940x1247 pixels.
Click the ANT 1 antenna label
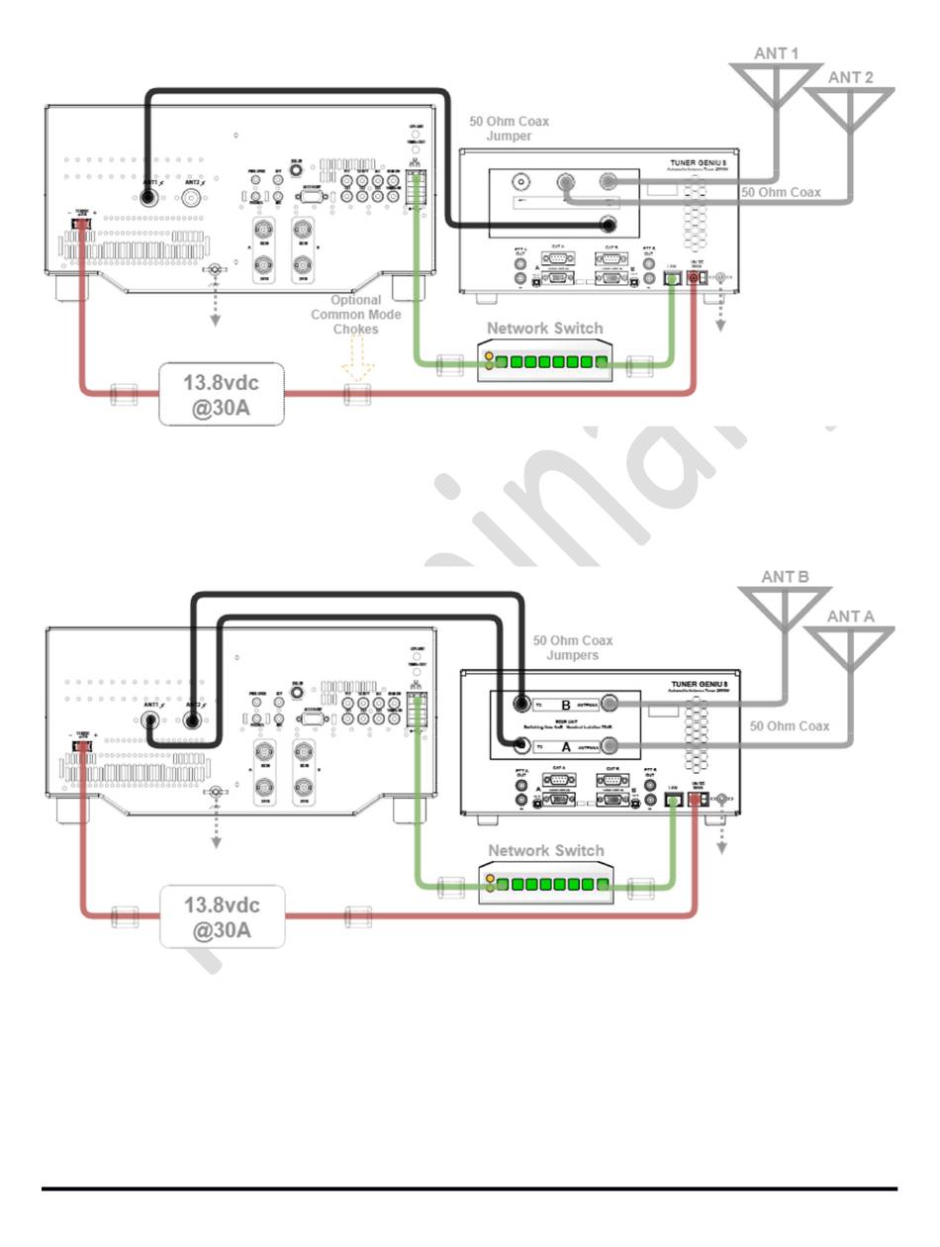pos(777,53)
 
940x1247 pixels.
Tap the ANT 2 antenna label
pos(851,77)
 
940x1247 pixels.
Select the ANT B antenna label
pos(786,576)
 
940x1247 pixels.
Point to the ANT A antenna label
pos(851,616)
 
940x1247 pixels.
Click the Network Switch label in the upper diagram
pos(544,329)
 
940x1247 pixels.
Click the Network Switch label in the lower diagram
pos(545,850)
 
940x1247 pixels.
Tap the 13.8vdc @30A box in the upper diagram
pos(222,393)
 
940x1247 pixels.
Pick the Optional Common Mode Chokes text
pos(355,314)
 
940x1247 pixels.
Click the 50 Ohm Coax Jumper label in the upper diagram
pos(509,128)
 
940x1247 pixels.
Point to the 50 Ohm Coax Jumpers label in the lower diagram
pos(573,648)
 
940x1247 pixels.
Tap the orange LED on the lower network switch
pos(490,878)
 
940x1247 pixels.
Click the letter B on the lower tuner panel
pos(566,705)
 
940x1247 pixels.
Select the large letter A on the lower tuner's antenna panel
pos(566,747)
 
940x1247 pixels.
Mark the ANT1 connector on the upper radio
pos(147,196)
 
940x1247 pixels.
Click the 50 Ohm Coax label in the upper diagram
pos(782,192)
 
